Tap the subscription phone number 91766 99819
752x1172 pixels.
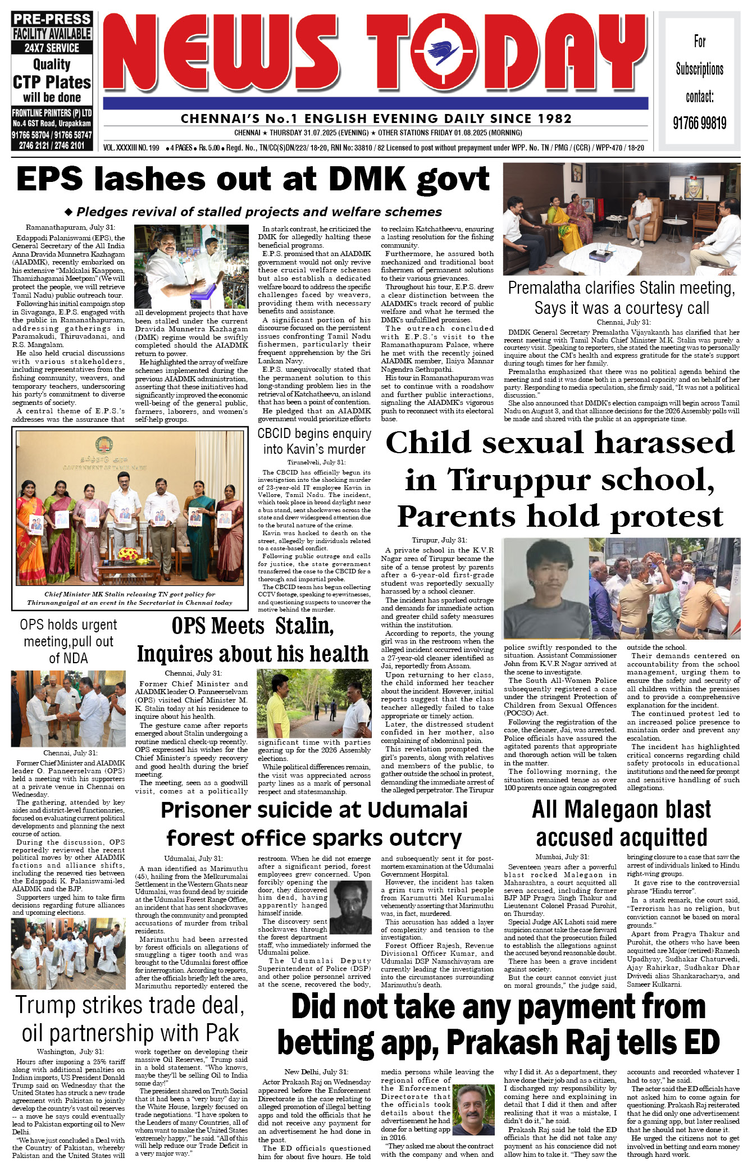pos(699,123)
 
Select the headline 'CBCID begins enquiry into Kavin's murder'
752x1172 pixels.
pos(314,441)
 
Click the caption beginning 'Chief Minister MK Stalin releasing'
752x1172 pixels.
pos(130,598)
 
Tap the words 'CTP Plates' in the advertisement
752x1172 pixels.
pos(52,83)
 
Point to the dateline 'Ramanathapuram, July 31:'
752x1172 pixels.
pos(70,227)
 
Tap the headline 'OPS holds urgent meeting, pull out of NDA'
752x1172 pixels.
pos(68,641)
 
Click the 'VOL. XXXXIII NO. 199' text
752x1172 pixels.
pos(131,148)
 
